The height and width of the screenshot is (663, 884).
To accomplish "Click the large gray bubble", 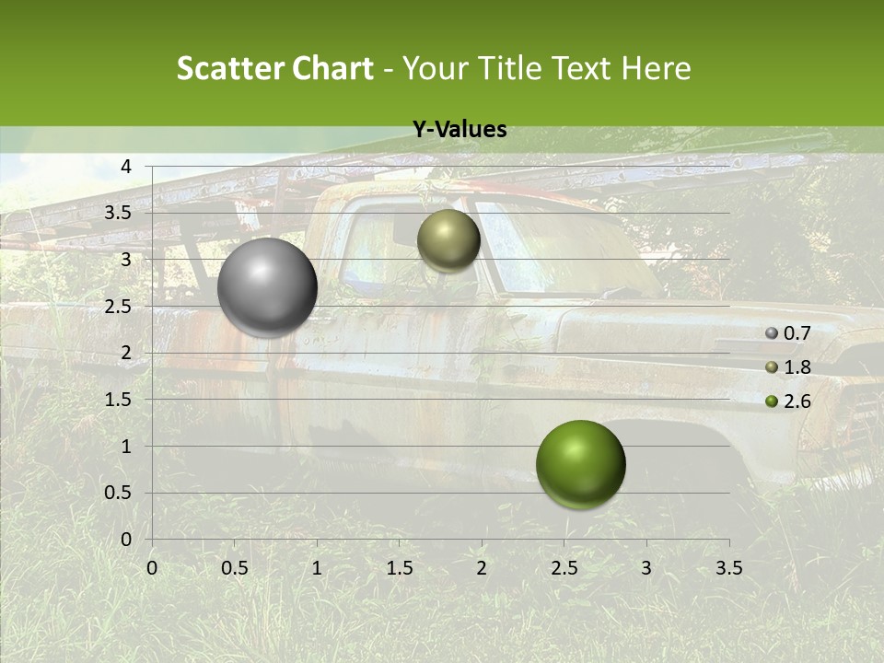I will (268, 287).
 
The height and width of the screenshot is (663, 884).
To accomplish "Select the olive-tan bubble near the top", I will (448, 240).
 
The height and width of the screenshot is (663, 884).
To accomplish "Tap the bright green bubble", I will (580, 465).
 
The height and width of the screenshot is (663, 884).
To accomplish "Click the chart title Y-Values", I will (459, 130).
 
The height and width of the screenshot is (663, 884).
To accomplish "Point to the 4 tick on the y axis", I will (126, 167).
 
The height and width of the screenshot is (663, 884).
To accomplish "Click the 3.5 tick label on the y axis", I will (119, 213).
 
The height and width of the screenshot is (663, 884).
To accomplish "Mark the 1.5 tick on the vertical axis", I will (119, 400).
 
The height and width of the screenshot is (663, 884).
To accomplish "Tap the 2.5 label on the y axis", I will (119, 307).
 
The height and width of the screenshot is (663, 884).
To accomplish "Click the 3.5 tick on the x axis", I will (728, 568).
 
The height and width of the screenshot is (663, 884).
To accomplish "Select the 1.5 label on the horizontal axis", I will (399, 568).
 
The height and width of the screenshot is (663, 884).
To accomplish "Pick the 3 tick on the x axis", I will (646, 568).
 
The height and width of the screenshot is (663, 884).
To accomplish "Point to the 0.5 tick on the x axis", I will (235, 568).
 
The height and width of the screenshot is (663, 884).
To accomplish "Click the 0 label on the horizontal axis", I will (152, 568).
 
